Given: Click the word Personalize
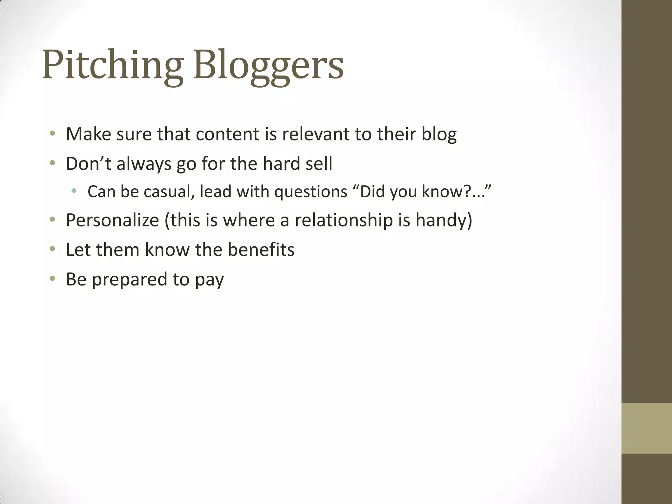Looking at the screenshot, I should point(112,220).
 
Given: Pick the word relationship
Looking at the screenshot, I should point(344,220).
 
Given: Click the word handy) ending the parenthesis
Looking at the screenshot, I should point(444,220).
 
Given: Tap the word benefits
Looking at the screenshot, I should point(261,250).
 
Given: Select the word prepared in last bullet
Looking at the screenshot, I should point(129,280).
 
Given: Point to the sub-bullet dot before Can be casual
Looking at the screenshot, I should point(74,191).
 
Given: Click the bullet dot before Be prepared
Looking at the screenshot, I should point(52,279).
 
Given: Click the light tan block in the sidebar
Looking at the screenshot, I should point(646,428).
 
